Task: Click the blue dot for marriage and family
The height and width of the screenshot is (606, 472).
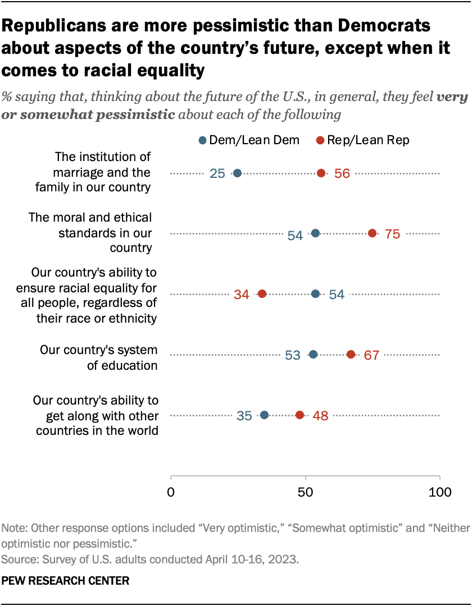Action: [x=238, y=173]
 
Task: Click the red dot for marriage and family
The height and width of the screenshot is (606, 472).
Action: [x=321, y=173]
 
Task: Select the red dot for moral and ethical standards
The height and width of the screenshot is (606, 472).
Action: [x=373, y=233]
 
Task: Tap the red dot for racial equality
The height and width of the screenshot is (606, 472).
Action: [x=262, y=293]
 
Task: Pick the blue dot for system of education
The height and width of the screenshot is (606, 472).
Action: [x=313, y=354]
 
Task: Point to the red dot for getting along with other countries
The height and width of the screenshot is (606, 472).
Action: [x=299, y=415]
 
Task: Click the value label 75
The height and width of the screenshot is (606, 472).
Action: [x=392, y=234]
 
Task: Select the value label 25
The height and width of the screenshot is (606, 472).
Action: [x=217, y=174]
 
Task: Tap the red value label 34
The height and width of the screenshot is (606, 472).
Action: [x=242, y=294]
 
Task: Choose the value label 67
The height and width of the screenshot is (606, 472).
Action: [x=371, y=355]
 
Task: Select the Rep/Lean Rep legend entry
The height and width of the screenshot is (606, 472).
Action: [x=362, y=140]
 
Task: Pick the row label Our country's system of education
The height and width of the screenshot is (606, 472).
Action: [x=98, y=357]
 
